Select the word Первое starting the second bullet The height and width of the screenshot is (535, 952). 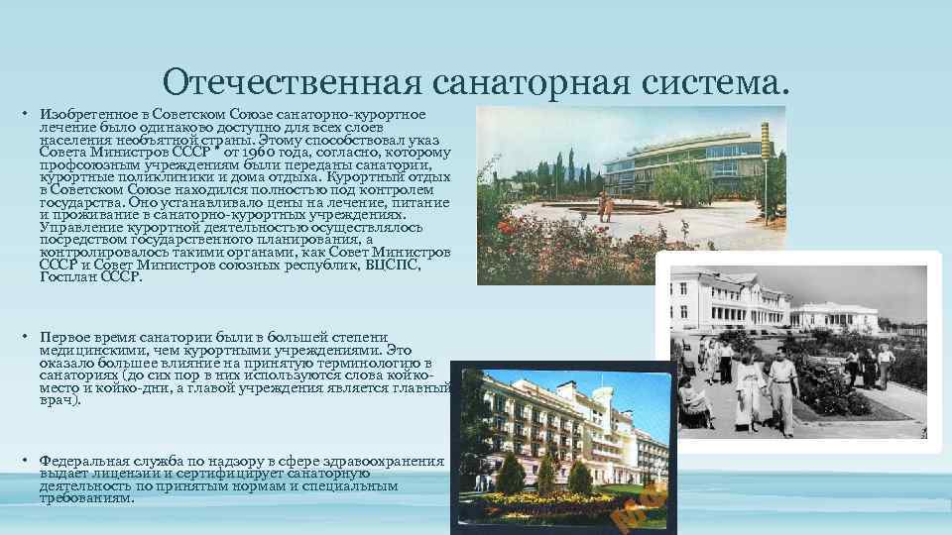coord(64,338)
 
